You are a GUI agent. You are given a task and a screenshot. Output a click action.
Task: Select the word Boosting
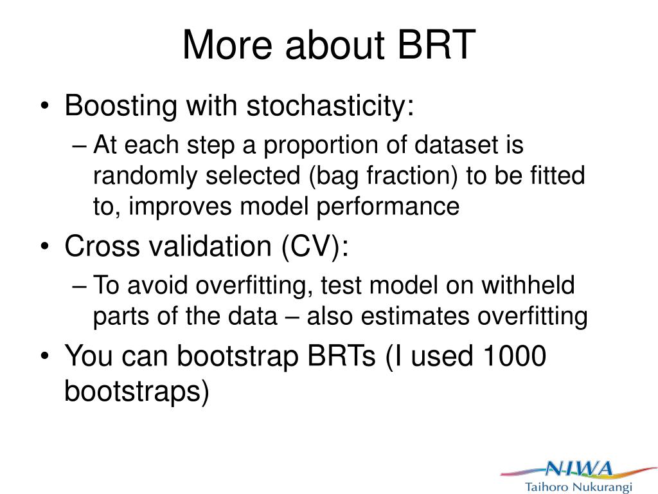121,106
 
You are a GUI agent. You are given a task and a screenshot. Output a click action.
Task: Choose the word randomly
145,176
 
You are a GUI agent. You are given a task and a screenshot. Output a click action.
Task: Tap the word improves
180,207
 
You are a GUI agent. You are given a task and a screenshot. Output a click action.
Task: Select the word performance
388,207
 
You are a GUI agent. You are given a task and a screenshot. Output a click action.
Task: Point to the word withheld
528,285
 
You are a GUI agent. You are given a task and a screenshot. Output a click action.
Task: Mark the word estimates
415,316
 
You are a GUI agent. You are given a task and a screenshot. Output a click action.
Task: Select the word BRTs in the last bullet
341,356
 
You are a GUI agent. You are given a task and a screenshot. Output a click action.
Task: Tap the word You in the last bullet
89,356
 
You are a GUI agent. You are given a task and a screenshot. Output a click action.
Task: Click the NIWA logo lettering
579,468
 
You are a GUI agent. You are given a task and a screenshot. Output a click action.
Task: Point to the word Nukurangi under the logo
602,488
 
